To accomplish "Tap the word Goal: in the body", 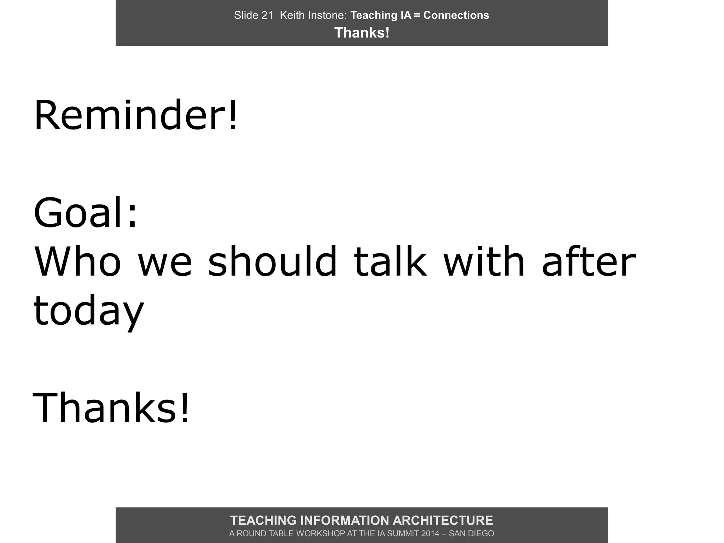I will pyautogui.click(x=85, y=213).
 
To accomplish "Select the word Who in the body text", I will pyautogui.click(x=77, y=262).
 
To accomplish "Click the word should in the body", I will pyautogui.click(x=273, y=262).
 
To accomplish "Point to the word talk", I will pyautogui.click(x=390, y=262).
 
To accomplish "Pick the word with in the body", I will pyautogui.click(x=484, y=262).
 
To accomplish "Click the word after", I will pyautogui.click(x=589, y=262).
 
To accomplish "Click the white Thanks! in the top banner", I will pyautogui.click(x=362, y=33).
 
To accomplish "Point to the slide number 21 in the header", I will pyautogui.click(x=267, y=15).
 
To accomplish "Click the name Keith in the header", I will pyautogui.click(x=291, y=15).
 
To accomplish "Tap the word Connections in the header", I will pyautogui.click(x=456, y=15).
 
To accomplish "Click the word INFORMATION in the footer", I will pyautogui.click(x=344, y=520).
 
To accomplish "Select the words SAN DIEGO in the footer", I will pyautogui.click(x=471, y=533).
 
